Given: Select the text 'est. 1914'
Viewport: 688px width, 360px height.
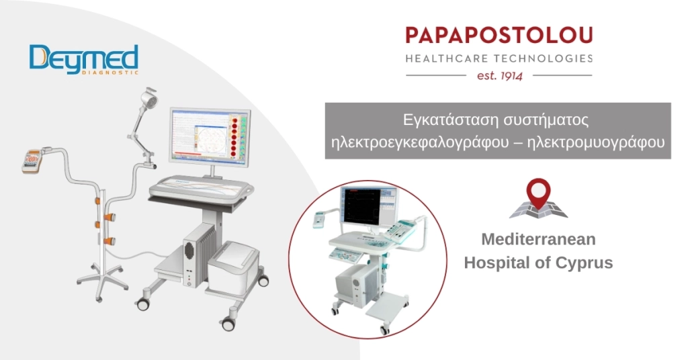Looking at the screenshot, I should (499, 75).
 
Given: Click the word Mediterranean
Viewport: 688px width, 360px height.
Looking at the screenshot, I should (538, 239).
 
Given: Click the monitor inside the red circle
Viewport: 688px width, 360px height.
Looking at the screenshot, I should (367, 208).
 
